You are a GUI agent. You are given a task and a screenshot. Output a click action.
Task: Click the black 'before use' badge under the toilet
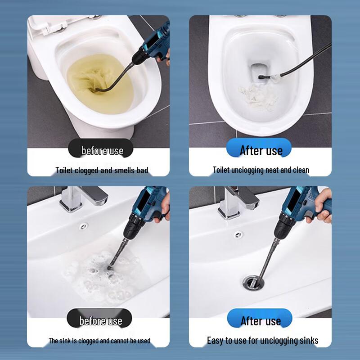[102, 150]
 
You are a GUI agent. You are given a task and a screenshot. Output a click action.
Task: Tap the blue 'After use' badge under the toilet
[261, 150]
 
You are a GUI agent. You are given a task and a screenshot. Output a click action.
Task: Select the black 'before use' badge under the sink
[101, 320]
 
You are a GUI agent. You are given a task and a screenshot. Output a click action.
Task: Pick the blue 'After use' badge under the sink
[261, 320]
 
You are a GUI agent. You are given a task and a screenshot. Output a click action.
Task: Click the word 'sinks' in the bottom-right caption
[308, 340]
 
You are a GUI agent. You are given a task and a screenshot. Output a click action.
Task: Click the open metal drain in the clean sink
[251, 283]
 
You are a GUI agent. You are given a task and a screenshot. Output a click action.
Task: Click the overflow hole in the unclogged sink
[238, 234]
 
